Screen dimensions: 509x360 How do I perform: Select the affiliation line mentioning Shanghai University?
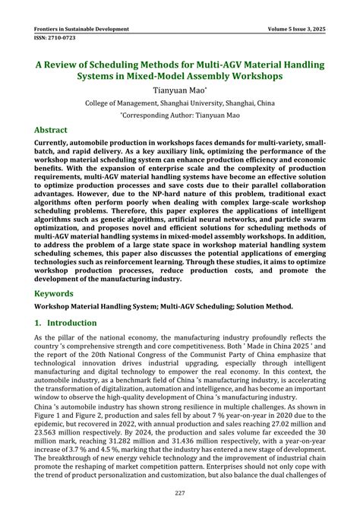click(180, 103)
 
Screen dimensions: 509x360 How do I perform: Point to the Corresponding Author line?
click(180, 115)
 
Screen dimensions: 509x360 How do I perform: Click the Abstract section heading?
click(55, 130)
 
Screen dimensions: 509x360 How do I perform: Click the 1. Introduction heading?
click(65, 323)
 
